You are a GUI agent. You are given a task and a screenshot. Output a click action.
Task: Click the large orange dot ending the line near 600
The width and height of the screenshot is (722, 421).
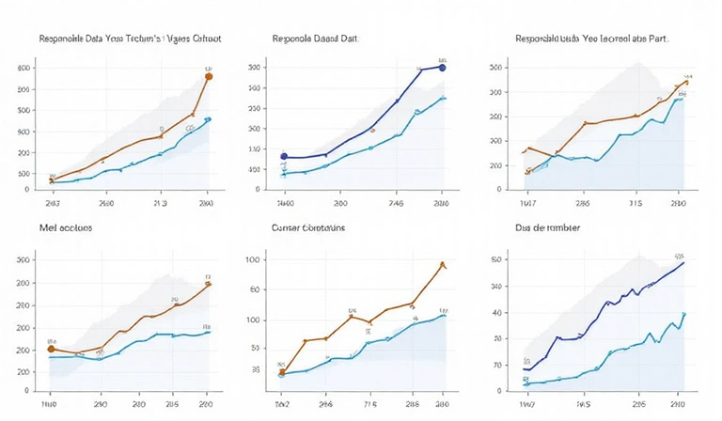point(209,76)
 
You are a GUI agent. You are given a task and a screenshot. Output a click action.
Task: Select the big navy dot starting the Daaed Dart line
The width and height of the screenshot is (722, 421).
point(284,156)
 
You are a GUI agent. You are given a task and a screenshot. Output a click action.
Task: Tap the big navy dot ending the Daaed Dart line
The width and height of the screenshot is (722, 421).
point(443,68)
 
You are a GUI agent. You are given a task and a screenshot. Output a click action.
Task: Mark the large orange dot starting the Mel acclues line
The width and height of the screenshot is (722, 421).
point(52,349)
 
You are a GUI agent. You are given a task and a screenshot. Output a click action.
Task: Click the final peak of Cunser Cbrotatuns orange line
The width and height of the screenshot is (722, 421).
point(442,264)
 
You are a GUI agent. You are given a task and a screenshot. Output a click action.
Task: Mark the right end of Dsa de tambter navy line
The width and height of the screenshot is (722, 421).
point(683,262)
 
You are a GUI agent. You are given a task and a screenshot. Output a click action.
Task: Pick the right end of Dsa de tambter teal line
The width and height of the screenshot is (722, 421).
point(683,314)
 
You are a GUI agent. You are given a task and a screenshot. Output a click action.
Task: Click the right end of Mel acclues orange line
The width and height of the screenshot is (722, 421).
point(209,283)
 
